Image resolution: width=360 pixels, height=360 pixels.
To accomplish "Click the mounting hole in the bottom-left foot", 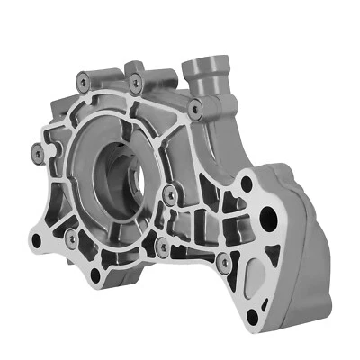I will (36, 241).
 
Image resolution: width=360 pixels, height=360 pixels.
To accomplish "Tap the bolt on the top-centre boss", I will (136, 83).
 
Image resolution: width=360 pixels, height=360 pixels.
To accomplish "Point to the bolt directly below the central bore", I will (161, 245).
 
